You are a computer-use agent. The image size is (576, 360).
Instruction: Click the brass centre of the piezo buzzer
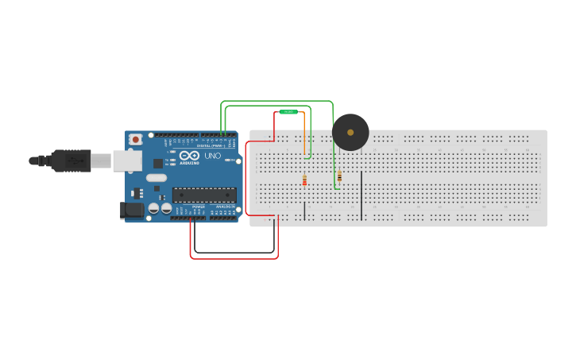350,132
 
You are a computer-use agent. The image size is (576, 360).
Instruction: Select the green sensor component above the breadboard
288,112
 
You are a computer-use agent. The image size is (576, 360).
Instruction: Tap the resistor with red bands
304,180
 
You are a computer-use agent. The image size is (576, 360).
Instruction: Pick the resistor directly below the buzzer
339,176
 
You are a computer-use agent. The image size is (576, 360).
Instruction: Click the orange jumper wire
303,135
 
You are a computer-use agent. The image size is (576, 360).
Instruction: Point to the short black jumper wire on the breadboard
304,211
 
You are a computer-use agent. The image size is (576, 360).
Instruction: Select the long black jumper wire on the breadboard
361,195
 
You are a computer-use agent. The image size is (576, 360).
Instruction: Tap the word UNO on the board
213,156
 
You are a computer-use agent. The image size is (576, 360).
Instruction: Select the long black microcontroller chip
204,195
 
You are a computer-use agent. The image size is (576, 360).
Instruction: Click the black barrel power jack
131,210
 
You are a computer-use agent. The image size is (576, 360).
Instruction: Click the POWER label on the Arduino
199,207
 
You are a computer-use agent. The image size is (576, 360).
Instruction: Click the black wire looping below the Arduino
234,253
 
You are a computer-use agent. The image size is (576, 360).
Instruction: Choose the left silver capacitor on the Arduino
153,208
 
